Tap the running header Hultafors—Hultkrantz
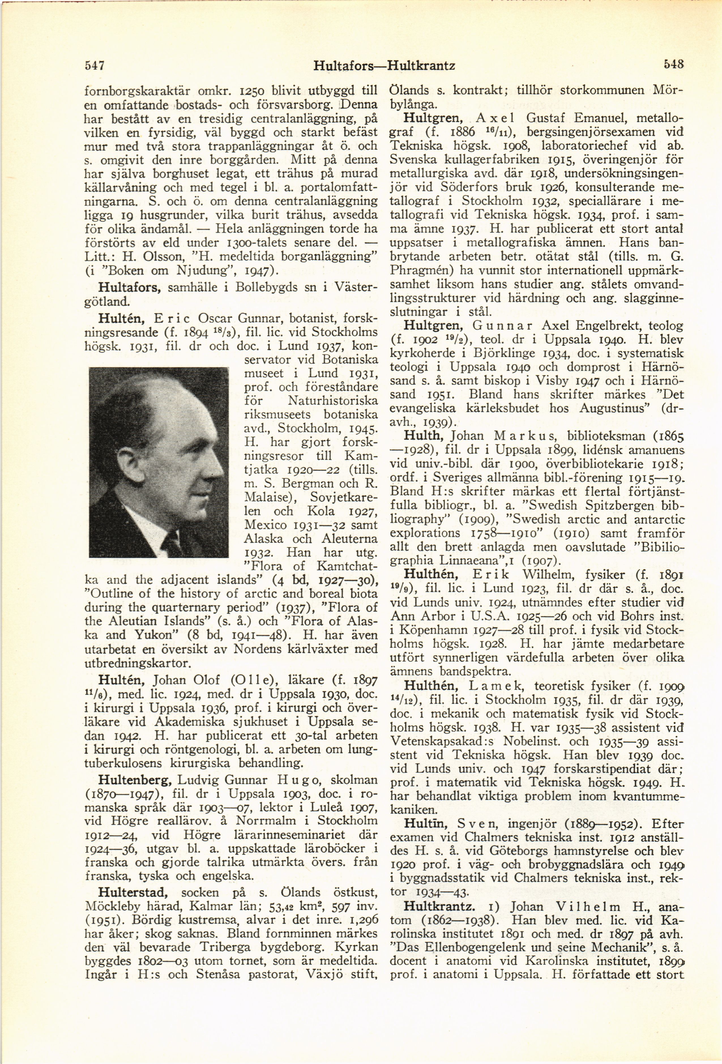384,66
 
